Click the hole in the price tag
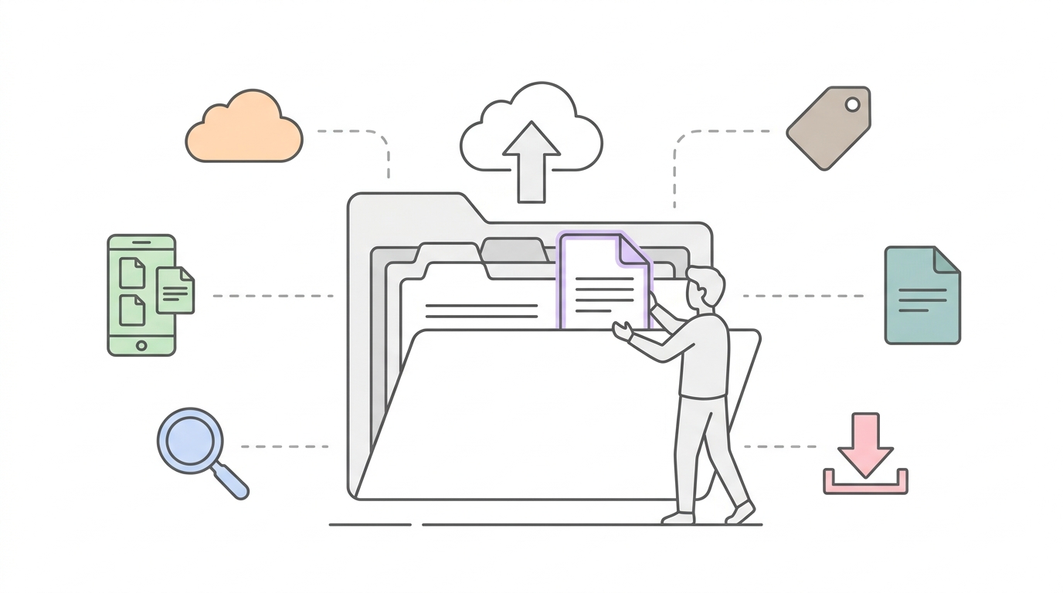click(852, 104)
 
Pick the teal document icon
click(921, 297)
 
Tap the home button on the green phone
click(141, 345)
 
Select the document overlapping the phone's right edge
click(175, 291)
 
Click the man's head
click(705, 290)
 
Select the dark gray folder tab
click(512, 250)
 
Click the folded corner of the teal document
click(946, 260)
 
